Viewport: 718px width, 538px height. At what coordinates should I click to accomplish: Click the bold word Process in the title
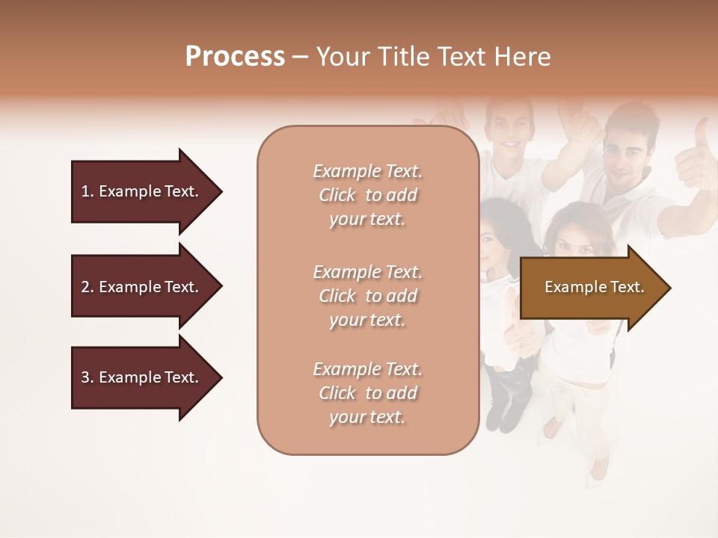tap(235, 57)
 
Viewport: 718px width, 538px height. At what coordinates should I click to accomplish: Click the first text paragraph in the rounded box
tap(367, 195)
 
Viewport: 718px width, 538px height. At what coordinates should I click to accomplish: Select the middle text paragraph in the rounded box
tap(367, 296)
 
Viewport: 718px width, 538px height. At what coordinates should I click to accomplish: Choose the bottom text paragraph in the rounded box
tap(367, 393)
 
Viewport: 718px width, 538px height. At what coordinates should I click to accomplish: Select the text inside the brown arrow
tap(594, 287)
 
